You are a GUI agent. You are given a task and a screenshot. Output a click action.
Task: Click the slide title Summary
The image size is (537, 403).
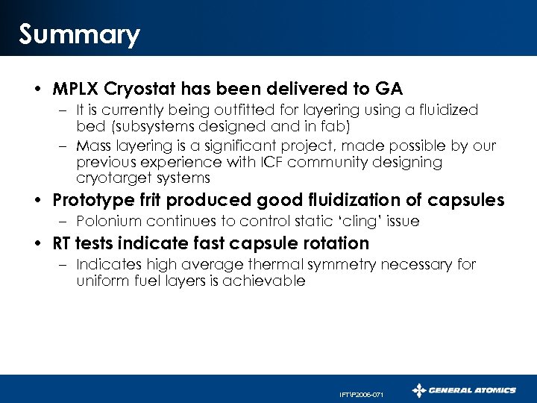point(79,35)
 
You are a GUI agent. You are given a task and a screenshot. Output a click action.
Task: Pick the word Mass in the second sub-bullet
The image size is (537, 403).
point(92,145)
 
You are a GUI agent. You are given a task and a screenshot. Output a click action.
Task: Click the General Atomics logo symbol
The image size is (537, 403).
point(420,390)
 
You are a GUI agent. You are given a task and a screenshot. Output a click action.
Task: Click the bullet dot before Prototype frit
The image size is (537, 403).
point(37,201)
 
